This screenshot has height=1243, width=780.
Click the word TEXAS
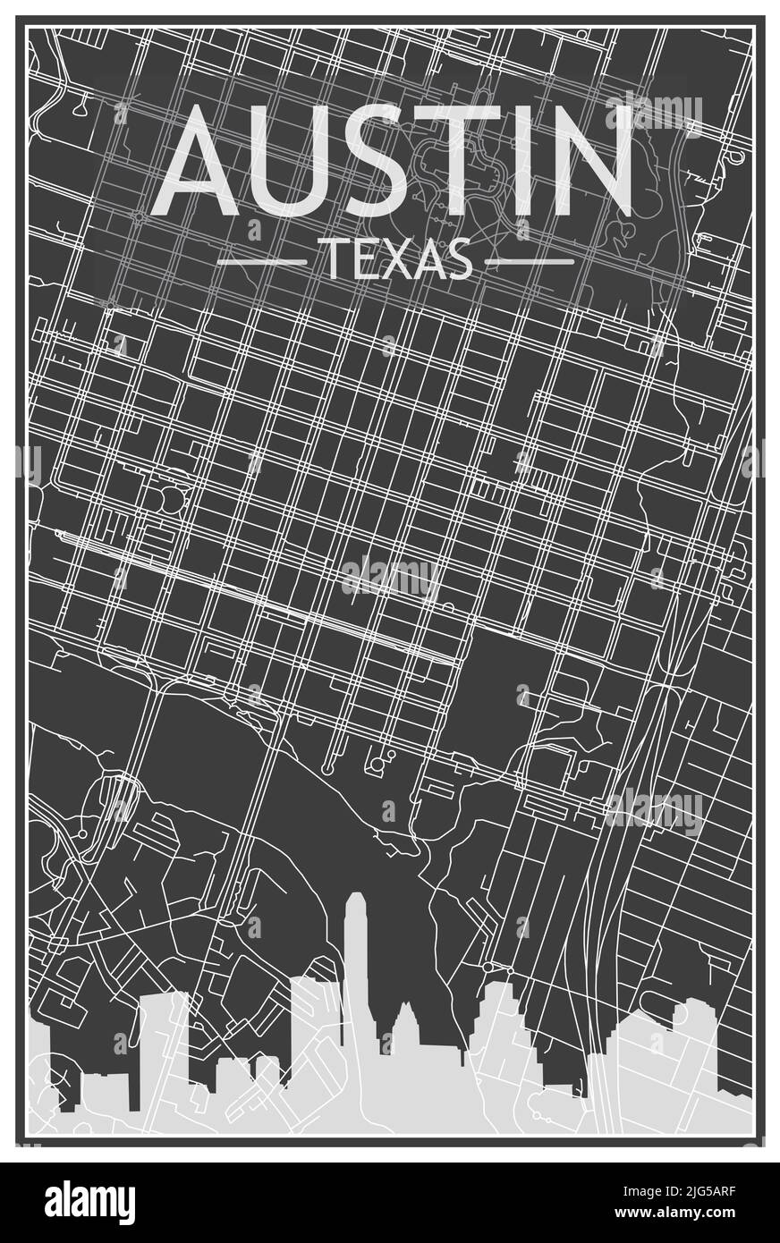[x=395, y=260]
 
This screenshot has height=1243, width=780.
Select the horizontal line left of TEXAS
[x=262, y=262]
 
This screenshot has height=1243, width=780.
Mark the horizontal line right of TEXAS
[x=529, y=262]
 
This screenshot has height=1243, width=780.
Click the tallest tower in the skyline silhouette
[x=357, y=966]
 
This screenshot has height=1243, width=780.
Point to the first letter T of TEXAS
[x=329, y=260]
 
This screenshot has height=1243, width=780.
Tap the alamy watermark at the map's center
[x=390, y=579]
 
